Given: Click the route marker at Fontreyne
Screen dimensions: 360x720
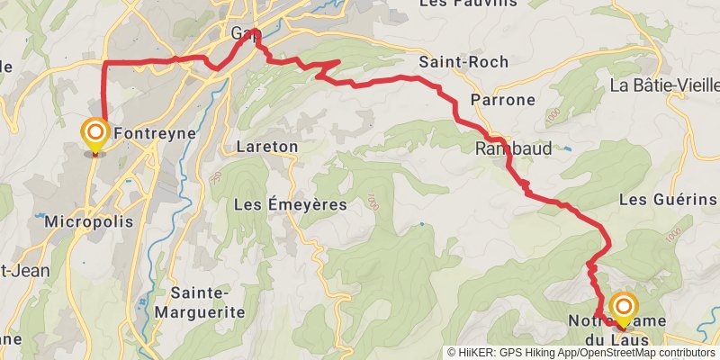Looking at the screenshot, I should point(94,136).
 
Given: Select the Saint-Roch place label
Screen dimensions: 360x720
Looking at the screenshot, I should point(463,62).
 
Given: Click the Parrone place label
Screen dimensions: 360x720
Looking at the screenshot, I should point(504,99).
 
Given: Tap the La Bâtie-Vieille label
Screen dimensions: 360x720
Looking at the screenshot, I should point(664,86).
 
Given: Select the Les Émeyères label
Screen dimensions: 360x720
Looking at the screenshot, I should point(290,204).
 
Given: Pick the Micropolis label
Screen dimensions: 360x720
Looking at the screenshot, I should point(88,221).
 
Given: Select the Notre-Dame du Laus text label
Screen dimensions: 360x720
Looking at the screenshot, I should point(607,329).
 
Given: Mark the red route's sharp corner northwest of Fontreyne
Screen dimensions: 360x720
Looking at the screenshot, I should point(104,62).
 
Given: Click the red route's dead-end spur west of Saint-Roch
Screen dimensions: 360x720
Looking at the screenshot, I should point(337,61).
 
